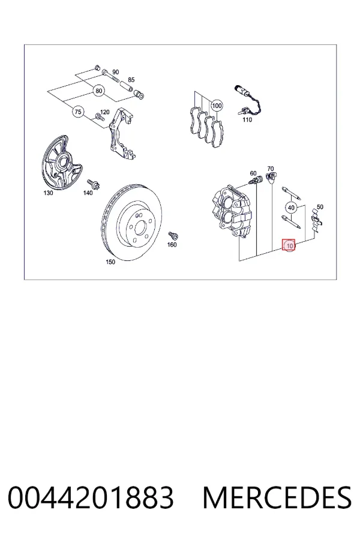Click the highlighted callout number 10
point(289,245)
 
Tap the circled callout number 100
point(217,106)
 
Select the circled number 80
point(99,91)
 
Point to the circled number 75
point(78,112)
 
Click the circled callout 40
point(291,208)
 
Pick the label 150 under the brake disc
point(110,262)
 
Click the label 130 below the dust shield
point(48,193)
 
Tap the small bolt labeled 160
point(173,235)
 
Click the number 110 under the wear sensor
point(247,119)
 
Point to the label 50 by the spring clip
point(320,207)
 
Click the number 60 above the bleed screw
point(253,173)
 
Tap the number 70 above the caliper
point(271,169)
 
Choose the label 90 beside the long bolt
point(115,72)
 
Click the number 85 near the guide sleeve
point(131,80)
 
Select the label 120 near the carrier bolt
point(105,112)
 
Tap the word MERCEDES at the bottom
point(277,497)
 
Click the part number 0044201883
point(91,497)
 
